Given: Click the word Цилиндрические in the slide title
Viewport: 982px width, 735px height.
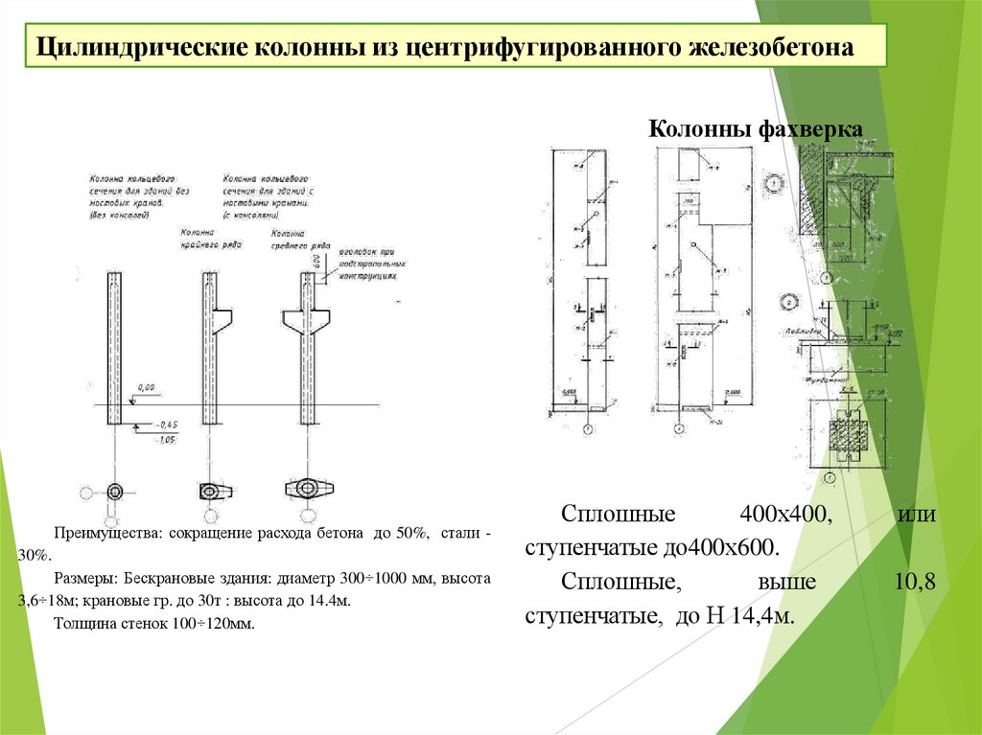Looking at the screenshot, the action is pyautogui.click(x=140, y=48).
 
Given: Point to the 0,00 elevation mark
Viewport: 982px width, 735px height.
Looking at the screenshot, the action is pyautogui.click(x=147, y=386).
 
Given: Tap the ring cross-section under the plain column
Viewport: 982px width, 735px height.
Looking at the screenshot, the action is pyautogui.click(x=115, y=492).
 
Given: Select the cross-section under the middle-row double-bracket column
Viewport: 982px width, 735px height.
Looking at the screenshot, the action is pyautogui.click(x=304, y=488).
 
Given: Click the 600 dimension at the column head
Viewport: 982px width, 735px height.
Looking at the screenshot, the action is pyautogui.click(x=316, y=260).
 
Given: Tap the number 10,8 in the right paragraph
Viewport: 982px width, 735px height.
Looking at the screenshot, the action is pyautogui.click(x=917, y=582).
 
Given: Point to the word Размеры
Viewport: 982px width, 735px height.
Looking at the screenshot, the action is pyautogui.click(x=86, y=579).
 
